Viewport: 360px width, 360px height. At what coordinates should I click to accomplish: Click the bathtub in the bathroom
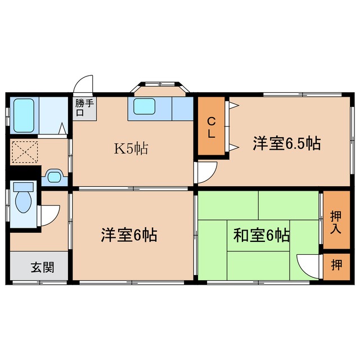point(24,115)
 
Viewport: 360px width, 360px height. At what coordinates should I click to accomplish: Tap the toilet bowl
point(23,201)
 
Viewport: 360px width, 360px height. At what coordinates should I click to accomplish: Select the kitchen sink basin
point(144,106)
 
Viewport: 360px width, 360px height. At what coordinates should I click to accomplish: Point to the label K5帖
point(131,148)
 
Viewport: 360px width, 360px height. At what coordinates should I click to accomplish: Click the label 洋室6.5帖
point(286,143)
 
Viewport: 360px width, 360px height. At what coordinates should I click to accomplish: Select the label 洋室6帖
point(129,235)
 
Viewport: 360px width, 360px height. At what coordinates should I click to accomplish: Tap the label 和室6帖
point(261,235)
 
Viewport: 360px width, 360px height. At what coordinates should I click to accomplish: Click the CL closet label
point(211,128)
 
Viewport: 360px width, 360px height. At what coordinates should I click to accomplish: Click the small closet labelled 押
point(336,264)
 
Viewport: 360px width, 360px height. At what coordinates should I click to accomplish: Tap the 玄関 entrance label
point(43,267)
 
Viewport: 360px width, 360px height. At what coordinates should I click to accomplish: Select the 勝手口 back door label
point(84,107)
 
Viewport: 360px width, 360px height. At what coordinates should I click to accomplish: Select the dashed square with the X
point(25,152)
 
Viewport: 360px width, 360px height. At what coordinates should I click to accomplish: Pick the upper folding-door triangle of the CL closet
point(234,106)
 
